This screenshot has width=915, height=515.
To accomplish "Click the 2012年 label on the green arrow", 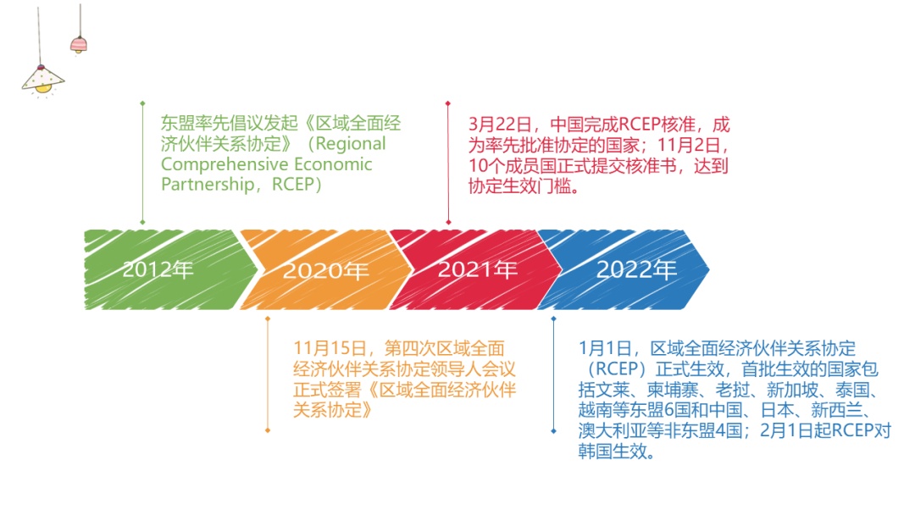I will tap(158, 270).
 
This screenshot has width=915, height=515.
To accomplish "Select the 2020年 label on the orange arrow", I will tap(326, 271).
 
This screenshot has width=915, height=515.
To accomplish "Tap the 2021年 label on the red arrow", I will tap(478, 270).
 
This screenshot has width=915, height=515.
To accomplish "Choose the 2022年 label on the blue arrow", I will tap(637, 270).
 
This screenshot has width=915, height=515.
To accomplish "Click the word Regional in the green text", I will tap(350, 144).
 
